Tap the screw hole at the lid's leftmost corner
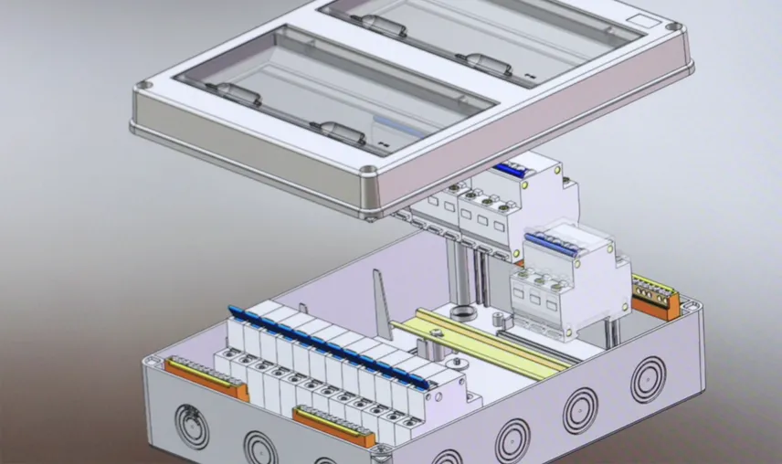143,88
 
